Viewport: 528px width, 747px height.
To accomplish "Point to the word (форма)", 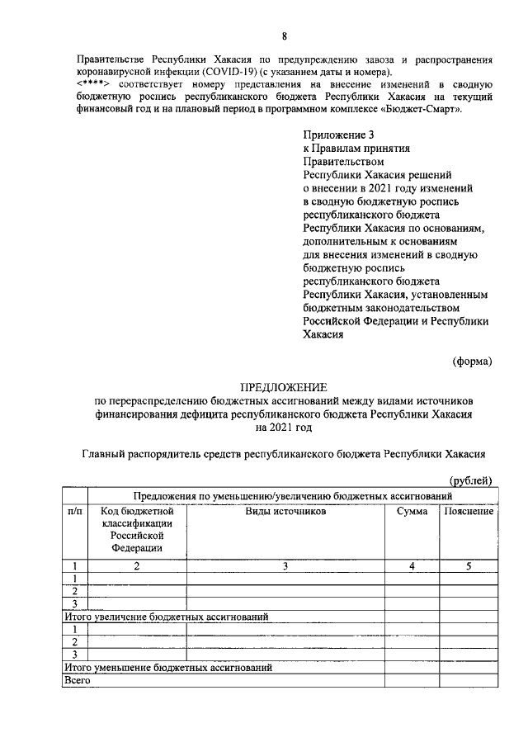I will coord(474,361).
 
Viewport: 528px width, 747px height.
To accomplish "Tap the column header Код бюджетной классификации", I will coord(137,529).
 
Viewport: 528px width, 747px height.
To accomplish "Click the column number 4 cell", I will coord(412,565).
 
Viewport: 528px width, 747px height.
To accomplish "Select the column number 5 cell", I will coord(469,565).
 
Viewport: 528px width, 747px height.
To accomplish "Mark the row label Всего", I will coord(77,680).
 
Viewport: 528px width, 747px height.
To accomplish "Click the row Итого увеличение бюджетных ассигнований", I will coord(166,616).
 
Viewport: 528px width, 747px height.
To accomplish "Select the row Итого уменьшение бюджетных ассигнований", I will coord(167,667).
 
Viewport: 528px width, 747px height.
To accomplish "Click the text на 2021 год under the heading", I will coord(284,428).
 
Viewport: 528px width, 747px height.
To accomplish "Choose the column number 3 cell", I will coord(285,565).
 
